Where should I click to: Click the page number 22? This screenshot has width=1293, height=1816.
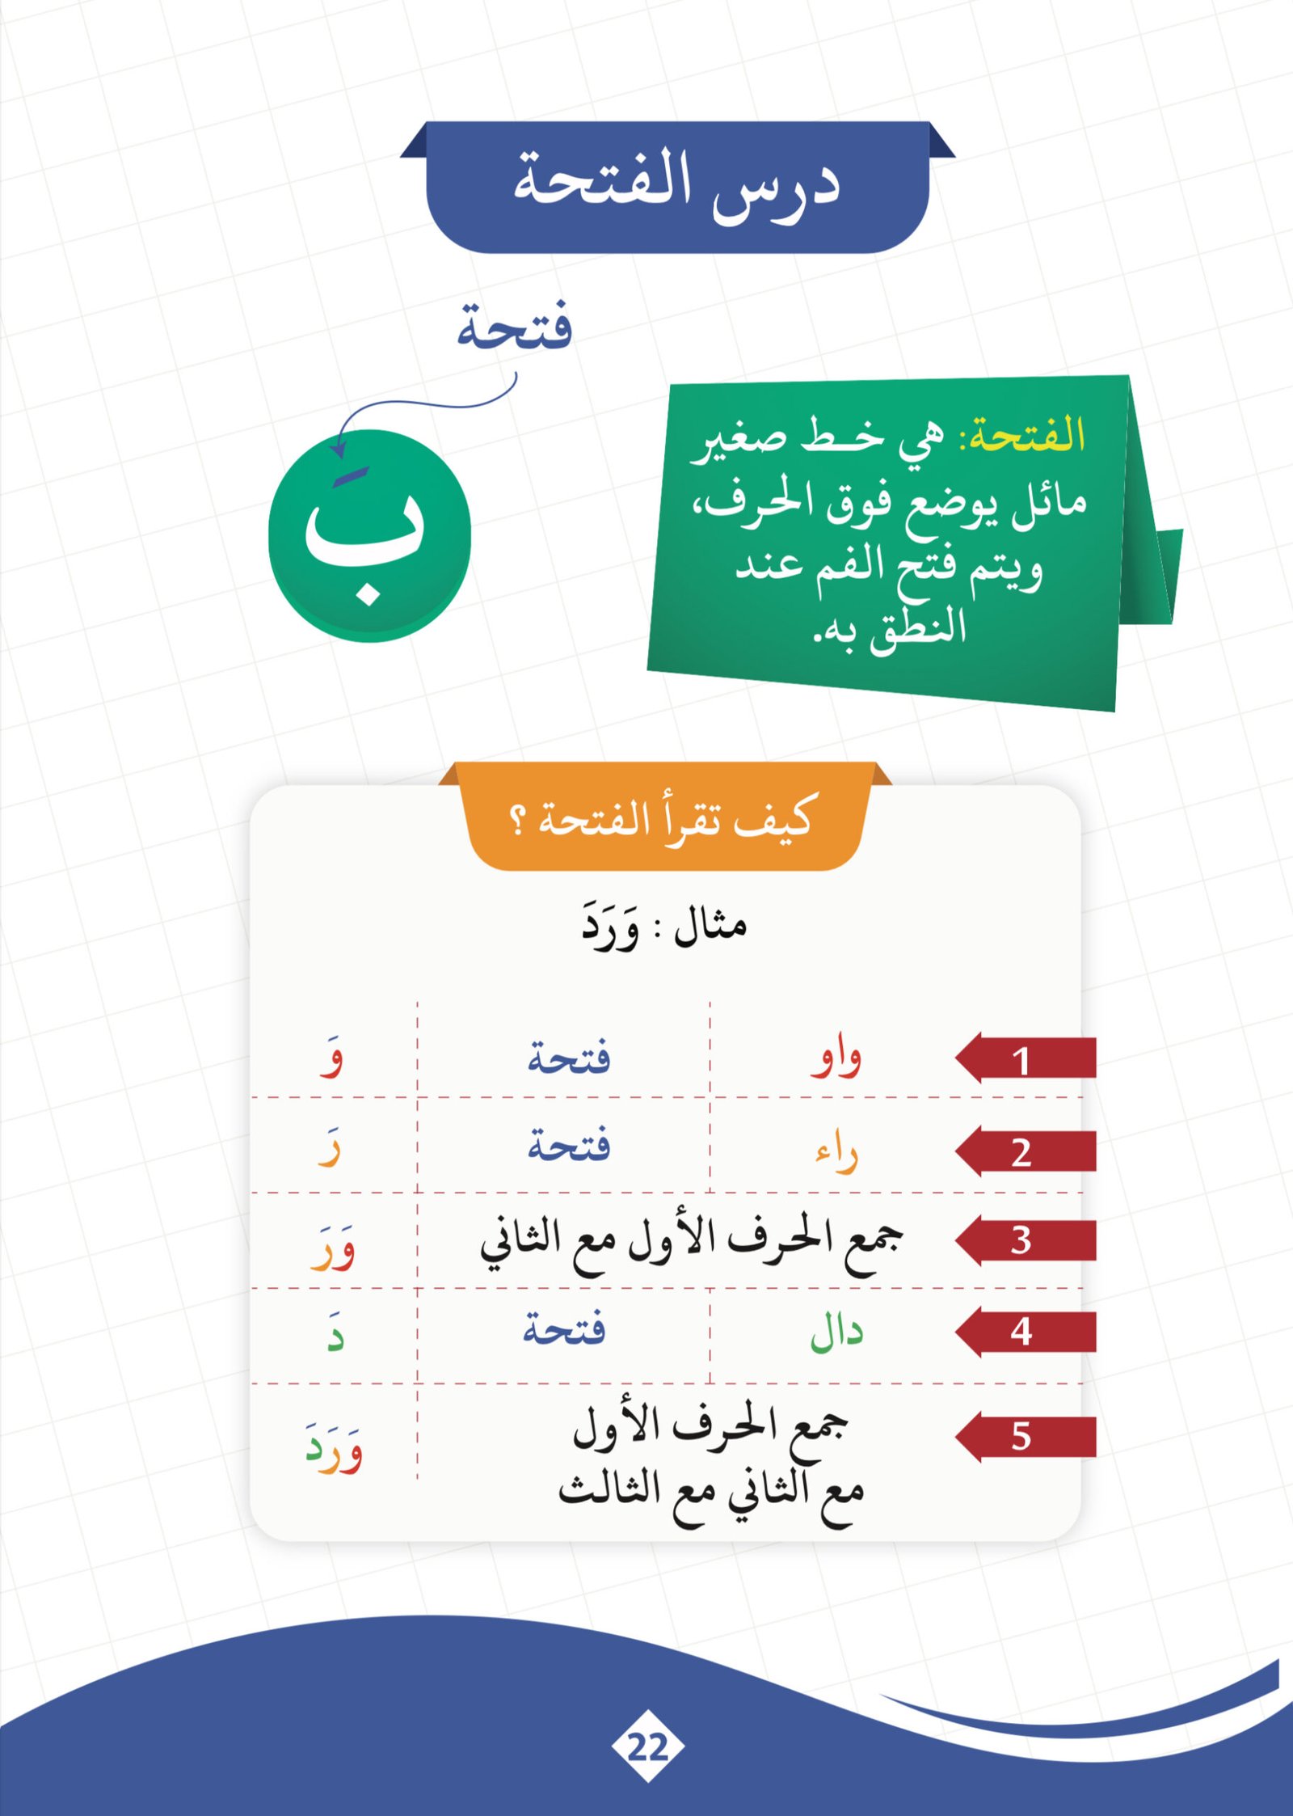(647, 1747)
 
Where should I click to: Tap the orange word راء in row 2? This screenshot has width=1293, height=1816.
(836, 1152)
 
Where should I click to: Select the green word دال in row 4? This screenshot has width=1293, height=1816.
(836, 1332)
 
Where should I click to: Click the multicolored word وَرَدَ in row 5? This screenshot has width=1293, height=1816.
(334, 1448)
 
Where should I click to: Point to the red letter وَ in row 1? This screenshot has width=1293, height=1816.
(331, 1058)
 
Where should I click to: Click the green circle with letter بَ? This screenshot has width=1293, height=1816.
(369, 535)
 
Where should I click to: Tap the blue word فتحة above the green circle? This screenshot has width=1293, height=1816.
(515, 327)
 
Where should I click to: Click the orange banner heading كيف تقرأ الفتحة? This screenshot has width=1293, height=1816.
(663, 818)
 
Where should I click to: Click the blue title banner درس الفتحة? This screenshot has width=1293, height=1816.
(677, 186)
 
